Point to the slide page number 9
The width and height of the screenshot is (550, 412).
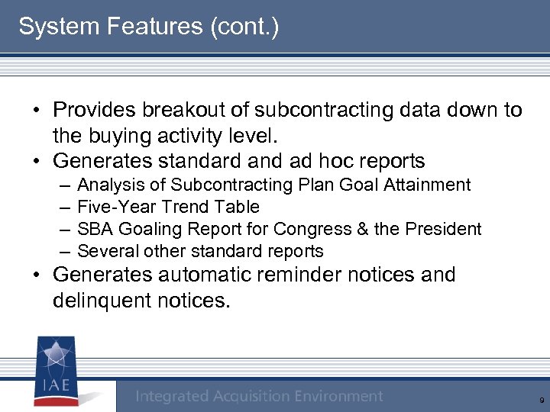541,400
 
